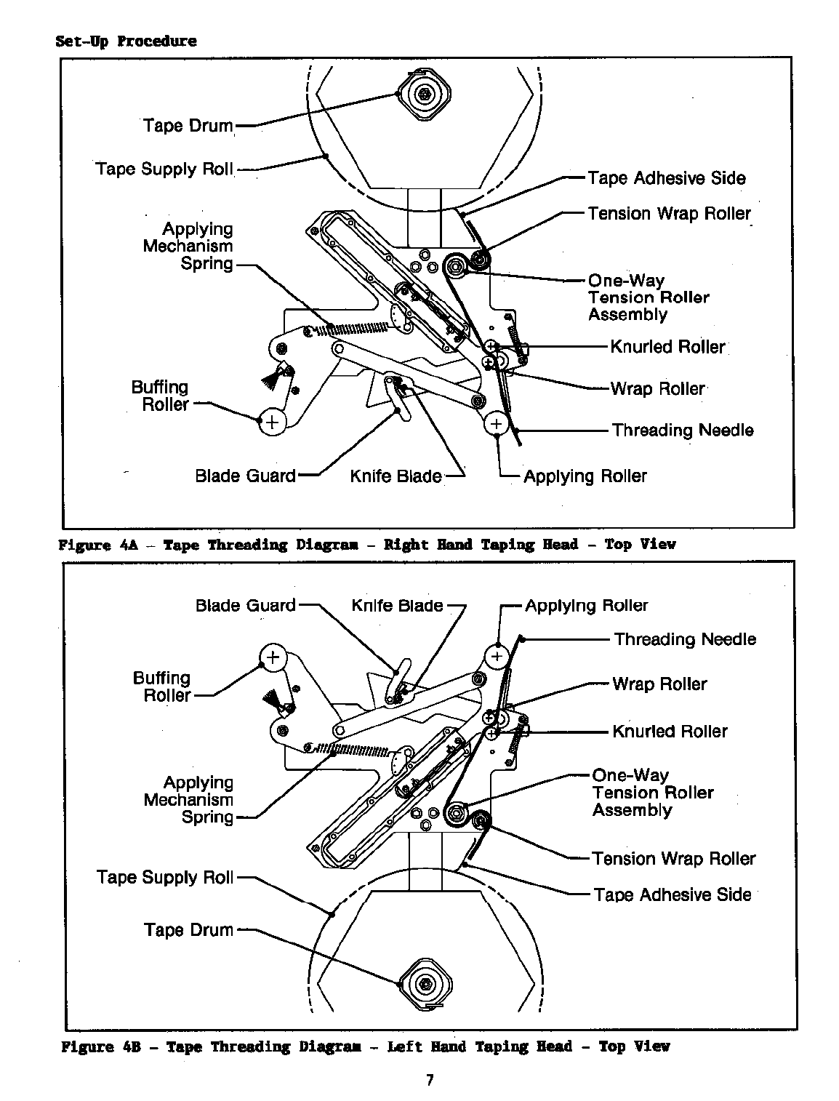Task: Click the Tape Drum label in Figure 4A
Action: coord(188,126)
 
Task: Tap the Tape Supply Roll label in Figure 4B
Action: coord(165,878)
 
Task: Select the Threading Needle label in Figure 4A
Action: coord(682,431)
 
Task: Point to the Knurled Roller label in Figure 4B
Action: coord(669,732)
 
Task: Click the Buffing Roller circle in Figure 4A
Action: coord(272,422)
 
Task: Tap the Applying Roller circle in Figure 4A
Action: coord(497,423)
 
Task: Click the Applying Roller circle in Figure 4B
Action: coord(497,657)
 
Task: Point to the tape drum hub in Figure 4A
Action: coord(424,93)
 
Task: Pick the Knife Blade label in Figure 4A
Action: coord(396,476)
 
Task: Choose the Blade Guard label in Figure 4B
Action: coord(245,606)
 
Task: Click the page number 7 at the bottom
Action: coord(430,1080)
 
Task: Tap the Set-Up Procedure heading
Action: coord(126,41)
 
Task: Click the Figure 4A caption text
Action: coord(366,544)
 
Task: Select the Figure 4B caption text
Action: coord(365,1046)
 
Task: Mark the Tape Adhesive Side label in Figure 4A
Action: coord(666,178)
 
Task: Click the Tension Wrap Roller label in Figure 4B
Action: coord(673,859)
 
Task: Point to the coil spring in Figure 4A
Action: coord(356,328)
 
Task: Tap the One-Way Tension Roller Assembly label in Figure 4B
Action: coord(652,793)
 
